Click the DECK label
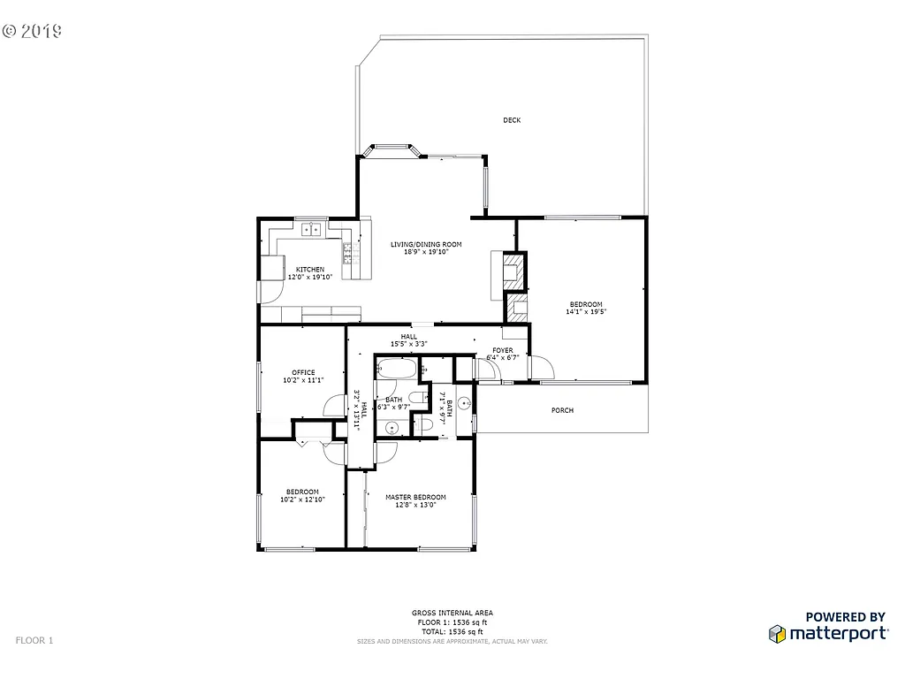(x=512, y=120)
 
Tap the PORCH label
(x=562, y=410)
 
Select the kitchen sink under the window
(x=311, y=230)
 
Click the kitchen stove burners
(x=348, y=255)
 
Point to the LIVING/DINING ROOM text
(x=426, y=244)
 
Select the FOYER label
(x=502, y=350)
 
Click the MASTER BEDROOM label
(x=415, y=497)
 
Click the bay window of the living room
(x=390, y=149)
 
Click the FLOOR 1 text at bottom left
(x=34, y=639)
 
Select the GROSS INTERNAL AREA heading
(x=452, y=613)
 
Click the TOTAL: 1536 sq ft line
(x=452, y=631)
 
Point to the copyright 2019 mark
(x=33, y=31)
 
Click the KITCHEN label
(x=309, y=269)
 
